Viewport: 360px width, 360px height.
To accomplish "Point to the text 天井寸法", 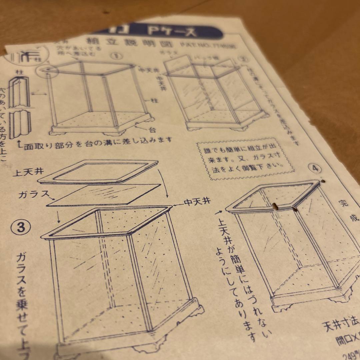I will pyautogui.click(x=340, y=323).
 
